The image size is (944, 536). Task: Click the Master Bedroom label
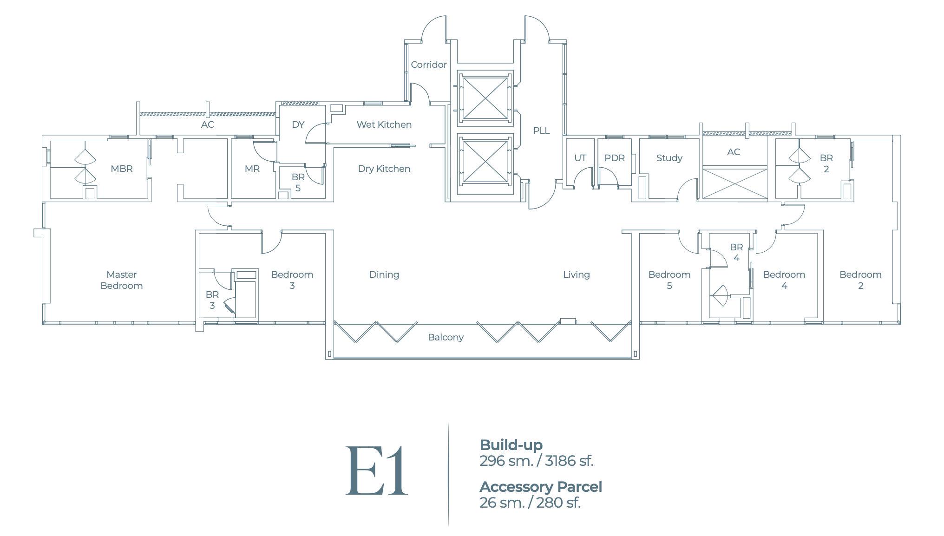[122, 280]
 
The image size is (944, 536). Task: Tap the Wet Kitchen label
[384, 124]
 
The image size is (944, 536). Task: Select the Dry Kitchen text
[384, 169]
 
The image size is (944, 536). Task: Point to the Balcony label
[446, 337]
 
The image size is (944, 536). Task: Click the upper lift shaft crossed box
[485, 98]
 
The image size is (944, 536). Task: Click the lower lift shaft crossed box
[485, 162]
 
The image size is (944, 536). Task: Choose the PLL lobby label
[541, 131]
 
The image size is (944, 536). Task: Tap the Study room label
[669, 158]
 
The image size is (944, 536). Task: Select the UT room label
[580, 158]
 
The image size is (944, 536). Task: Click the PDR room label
[614, 158]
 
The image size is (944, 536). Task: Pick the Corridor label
[428, 65]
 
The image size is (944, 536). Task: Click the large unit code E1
[376, 471]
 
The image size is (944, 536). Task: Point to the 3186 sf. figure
[569, 461]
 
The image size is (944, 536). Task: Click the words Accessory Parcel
[541, 487]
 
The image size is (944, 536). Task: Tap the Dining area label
[384, 275]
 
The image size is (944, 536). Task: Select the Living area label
[576, 275]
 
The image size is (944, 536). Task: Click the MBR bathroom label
[122, 169]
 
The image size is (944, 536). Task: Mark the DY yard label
[298, 124]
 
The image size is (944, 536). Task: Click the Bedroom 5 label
[669, 280]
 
